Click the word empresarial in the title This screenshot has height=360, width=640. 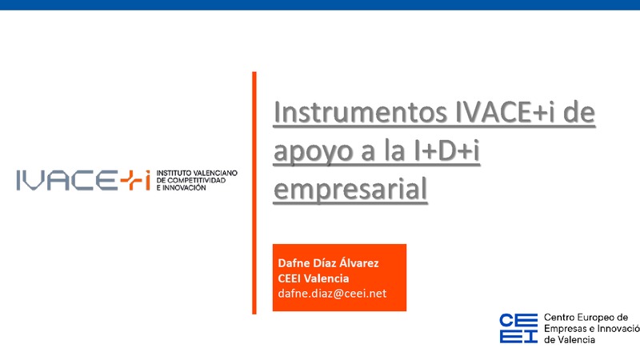click(350, 190)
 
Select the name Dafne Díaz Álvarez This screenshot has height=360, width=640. click(328, 263)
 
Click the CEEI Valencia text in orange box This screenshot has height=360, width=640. click(313, 278)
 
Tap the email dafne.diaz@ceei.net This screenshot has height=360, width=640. click(331, 294)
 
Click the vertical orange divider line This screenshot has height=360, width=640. click(254, 192)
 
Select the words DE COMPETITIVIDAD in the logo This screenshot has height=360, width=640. click(191, 181)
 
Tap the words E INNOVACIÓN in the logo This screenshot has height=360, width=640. click(182, 189)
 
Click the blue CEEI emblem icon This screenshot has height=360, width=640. click(518, 327)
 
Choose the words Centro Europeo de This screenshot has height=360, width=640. click(585, 318)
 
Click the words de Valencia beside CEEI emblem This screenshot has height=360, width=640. click(569, 339)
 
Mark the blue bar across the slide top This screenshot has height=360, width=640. click(320, 5)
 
